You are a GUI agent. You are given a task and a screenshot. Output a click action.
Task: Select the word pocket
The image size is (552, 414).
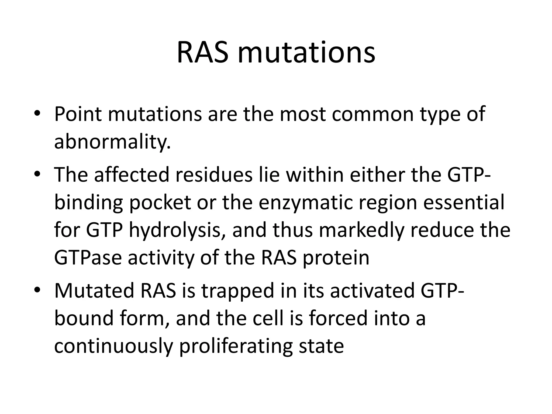tap(160, 203)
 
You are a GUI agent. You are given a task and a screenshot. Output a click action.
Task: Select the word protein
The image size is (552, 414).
tap(336, 258)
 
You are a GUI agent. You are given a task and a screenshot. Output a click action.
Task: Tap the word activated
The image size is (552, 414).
tap(372, 291)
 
